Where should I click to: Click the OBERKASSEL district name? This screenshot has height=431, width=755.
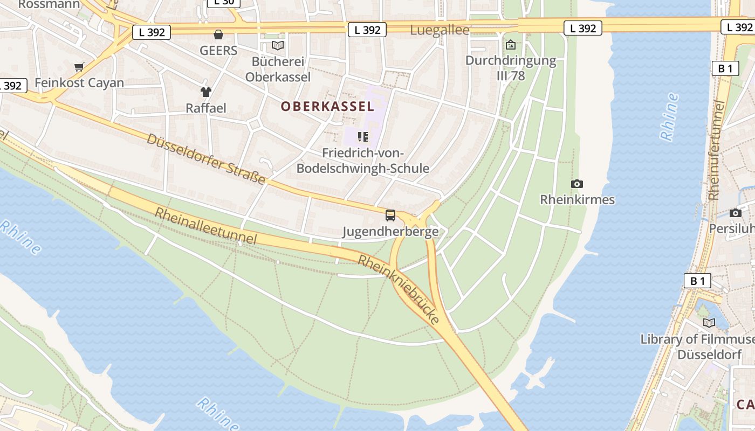point(327,107)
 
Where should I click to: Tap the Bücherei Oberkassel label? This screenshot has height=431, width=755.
point(278,69)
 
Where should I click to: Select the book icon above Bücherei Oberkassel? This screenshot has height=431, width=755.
point(278,46)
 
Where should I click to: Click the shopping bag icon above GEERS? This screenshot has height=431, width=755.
point(218,35)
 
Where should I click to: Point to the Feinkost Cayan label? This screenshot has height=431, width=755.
point(79,83)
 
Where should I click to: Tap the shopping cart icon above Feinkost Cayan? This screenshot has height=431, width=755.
point(79,67)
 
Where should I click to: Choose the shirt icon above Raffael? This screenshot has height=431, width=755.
point(206,92)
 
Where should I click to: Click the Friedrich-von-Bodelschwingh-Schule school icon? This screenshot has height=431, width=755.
point(363,137)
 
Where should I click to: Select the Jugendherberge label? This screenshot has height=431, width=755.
point(390,232)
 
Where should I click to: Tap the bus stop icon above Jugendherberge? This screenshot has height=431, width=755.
point(390,215)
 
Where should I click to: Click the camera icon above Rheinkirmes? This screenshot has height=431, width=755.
point(577,184)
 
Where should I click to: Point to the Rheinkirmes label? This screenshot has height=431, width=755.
point(577,200)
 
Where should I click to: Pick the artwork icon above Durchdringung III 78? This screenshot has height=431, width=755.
point(511,45)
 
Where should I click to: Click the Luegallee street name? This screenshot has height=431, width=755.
point(440,30)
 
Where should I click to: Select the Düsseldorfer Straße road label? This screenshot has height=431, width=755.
point(207,159)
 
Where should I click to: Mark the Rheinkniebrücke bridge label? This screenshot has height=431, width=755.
point(399,289)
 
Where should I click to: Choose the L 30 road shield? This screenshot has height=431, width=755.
point(223,2)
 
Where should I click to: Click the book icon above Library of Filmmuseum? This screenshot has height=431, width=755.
point(709,323)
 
